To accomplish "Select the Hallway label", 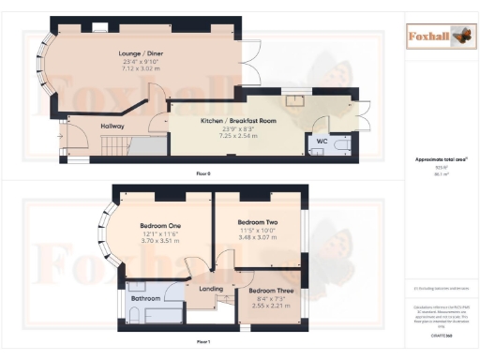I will click(x=113, y=126).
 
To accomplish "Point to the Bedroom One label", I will click(x=161, y=226).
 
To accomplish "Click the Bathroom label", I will click(x=146, y=299).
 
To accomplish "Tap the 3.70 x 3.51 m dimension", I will click(x=161, y=241).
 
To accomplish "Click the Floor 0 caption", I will click(x=202, y=174).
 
